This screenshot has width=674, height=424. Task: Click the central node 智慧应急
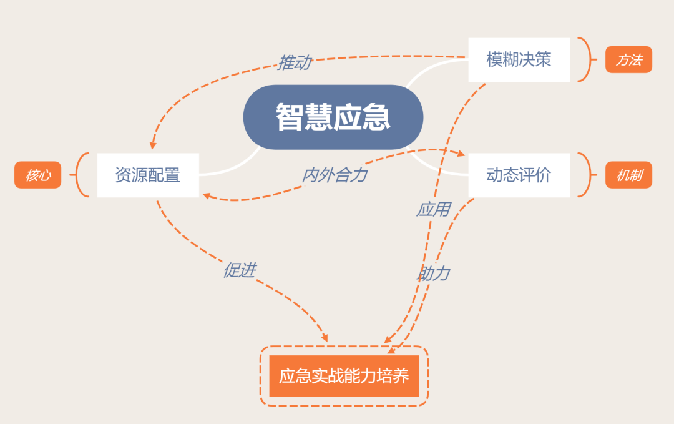click(x=333, y=117)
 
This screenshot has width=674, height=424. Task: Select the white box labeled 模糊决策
click(x=519, y=60)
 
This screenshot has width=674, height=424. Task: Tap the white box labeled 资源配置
click(x=148, y=175)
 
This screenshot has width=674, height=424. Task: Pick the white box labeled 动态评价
click(x=519, y=175)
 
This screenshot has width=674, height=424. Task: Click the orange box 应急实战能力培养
click(x=344, y=376)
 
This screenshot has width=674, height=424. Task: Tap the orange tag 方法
click(x=628, y=60)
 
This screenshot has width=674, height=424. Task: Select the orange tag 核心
click(x=37, y=175)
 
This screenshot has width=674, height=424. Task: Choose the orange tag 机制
click(x=628, y=175)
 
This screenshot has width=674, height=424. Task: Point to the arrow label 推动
click(x=294, y=62)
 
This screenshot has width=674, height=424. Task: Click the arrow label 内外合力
click(x=335, y=175)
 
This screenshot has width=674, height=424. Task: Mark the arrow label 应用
click(x=433, y=209)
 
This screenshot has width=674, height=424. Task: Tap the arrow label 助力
click(x=433, y=273)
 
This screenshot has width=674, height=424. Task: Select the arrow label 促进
click(x=240, y=270)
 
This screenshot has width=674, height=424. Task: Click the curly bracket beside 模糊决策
click(x=585, y=60)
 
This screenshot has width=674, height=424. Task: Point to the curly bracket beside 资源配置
click(x=81, y=175)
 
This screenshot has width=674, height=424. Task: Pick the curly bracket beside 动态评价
click(x=585, y=175)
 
